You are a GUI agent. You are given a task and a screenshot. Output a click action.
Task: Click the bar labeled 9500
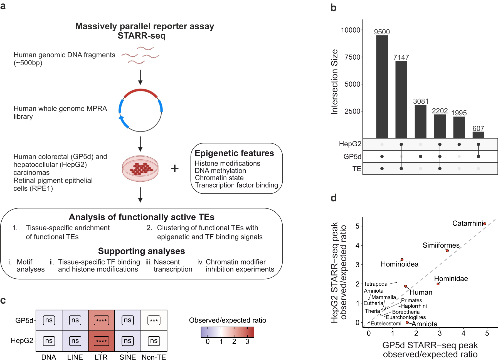382,87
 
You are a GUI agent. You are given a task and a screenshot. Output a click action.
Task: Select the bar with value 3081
420,121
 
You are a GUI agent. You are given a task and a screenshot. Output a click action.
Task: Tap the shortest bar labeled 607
478,135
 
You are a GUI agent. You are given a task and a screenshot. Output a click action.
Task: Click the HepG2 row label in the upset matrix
350,144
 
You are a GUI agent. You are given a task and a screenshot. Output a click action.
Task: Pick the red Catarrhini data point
485,223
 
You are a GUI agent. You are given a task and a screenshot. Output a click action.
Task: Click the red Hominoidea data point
402,259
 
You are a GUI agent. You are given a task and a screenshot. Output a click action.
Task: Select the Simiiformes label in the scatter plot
441,245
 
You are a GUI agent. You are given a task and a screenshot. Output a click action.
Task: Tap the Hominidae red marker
438,284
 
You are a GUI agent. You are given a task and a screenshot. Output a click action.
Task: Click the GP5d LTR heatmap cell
101,320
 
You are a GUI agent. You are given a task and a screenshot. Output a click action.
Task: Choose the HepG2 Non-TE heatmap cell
154,341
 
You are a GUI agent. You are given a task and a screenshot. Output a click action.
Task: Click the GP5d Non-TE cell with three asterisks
154,320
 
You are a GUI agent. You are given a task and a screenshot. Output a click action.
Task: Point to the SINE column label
128,357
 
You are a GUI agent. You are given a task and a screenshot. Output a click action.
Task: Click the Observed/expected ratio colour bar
227,332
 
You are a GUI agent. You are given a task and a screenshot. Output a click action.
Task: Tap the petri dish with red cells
140,168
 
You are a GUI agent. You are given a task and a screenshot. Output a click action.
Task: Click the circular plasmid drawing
140,110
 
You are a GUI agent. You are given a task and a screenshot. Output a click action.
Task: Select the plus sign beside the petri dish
175,168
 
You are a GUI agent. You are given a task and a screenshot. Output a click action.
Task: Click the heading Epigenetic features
234,153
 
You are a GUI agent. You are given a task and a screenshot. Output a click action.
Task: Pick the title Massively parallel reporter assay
145,26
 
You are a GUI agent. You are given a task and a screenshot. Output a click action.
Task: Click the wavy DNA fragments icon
140,55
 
